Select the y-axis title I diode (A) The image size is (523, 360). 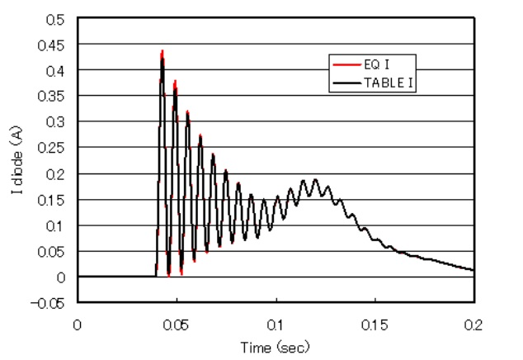[x=16, y=161]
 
